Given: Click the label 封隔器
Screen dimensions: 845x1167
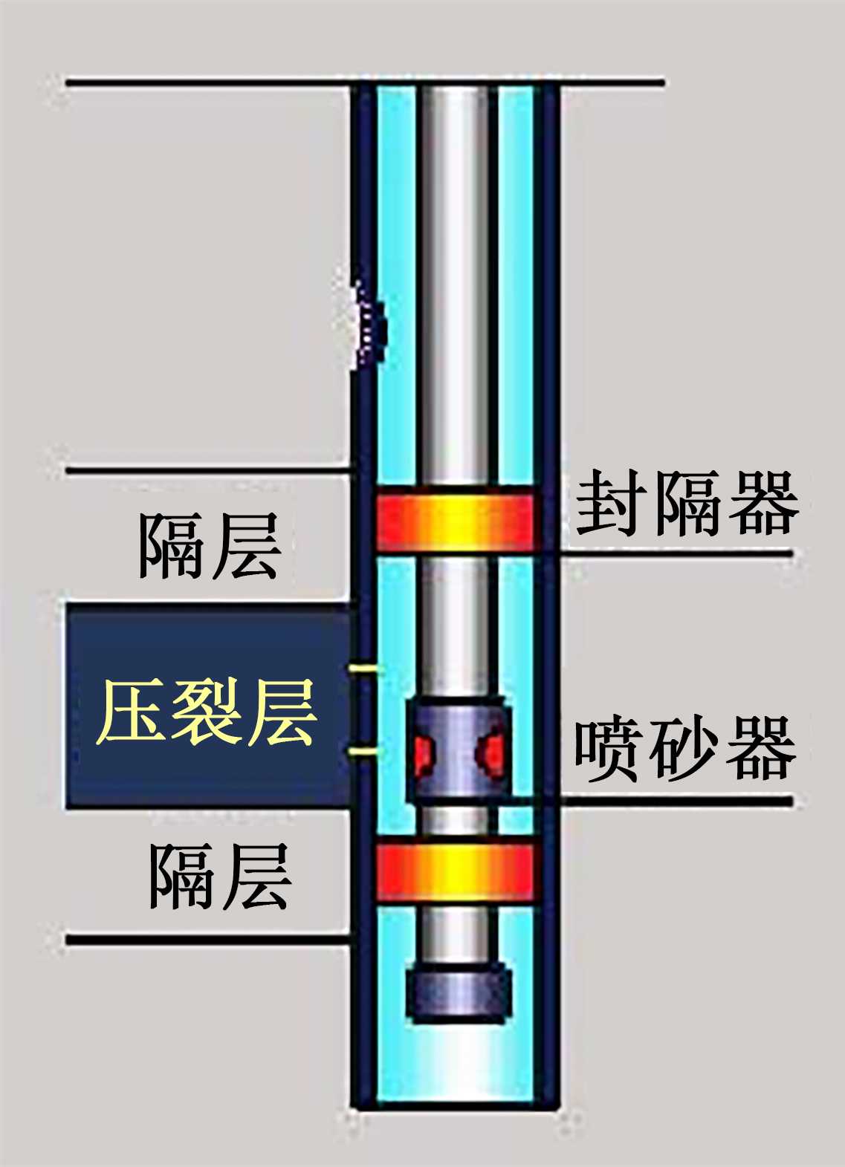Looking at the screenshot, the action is coord(687,504).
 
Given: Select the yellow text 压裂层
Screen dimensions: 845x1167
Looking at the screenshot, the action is coord(207,713).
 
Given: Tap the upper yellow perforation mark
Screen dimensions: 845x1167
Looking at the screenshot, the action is coord(363,670).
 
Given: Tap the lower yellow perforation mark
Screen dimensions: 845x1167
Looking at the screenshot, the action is coord(363,754).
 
